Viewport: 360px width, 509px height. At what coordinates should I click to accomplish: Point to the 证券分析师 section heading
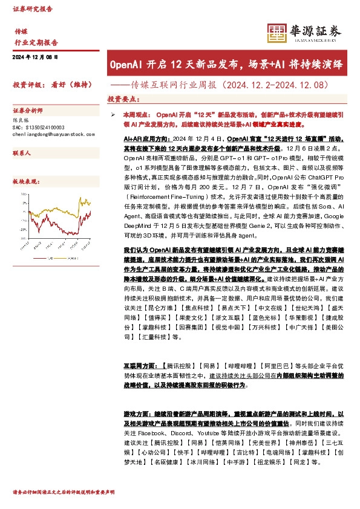tap(28, 111)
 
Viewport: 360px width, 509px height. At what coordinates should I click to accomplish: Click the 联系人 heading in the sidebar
tap(22, 154)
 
